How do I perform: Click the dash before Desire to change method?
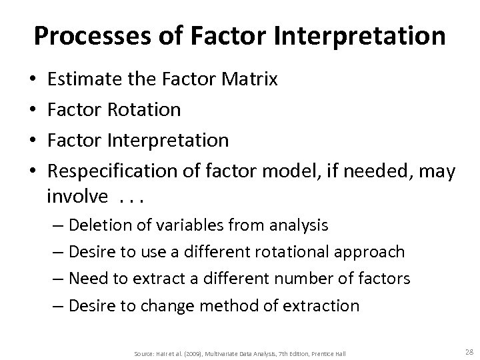56,306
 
